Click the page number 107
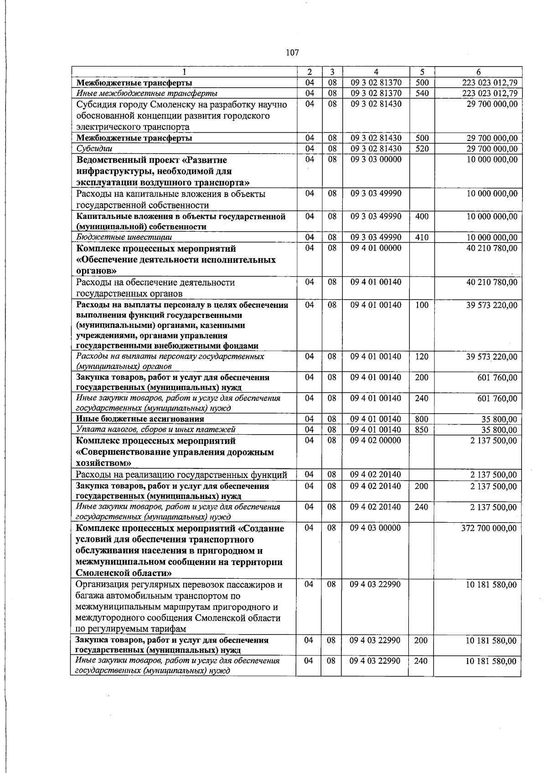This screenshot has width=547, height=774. [292, 52]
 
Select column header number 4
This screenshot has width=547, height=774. [376, 72]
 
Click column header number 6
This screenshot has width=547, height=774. [477, 72]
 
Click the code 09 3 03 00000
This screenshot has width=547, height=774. [376, 160]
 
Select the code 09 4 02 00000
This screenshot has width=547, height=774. [376, 441]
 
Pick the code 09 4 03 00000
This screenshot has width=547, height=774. [376, 528]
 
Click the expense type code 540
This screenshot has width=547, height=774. [422, 94]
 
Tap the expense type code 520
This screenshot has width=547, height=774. [422, 149]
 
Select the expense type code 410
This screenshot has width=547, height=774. [422, 237]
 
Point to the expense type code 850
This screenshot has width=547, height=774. [422, 430]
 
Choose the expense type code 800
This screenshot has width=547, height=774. [422, 419]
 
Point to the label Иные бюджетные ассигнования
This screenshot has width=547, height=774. [140, 419]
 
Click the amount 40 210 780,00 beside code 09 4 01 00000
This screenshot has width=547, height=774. [492, 248]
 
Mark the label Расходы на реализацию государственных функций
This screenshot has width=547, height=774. [181, 475]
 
